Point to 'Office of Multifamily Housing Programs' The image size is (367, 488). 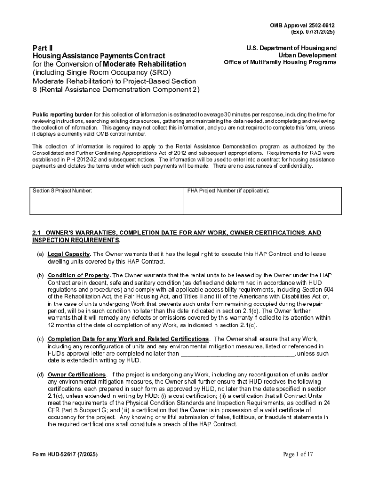coord(280,62)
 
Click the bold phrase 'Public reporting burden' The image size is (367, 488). coord(62,115)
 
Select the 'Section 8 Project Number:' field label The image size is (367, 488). coord(62,191)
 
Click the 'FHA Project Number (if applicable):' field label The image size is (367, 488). coord(228,191)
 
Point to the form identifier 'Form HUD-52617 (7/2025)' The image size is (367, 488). coord(65,455)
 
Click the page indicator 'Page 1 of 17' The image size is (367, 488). coord(298,454)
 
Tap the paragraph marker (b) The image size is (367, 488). coord(41,275)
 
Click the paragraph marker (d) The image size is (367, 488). coord(41,375)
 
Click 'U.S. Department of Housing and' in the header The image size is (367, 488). coord(291,48)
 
